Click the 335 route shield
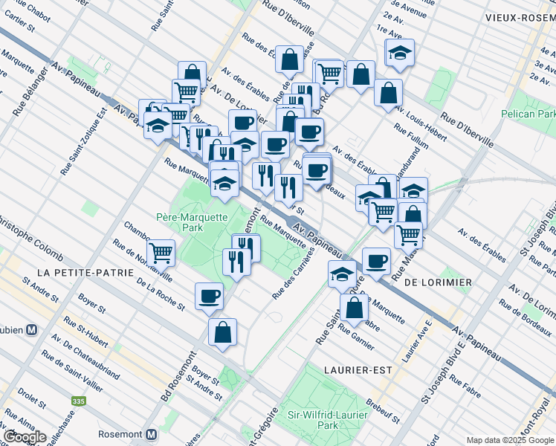79,401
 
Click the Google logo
25,437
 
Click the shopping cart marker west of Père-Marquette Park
161,253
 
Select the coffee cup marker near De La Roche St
209,297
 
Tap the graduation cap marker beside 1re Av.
399,52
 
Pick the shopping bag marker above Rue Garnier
355,307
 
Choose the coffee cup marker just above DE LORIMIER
377,261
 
